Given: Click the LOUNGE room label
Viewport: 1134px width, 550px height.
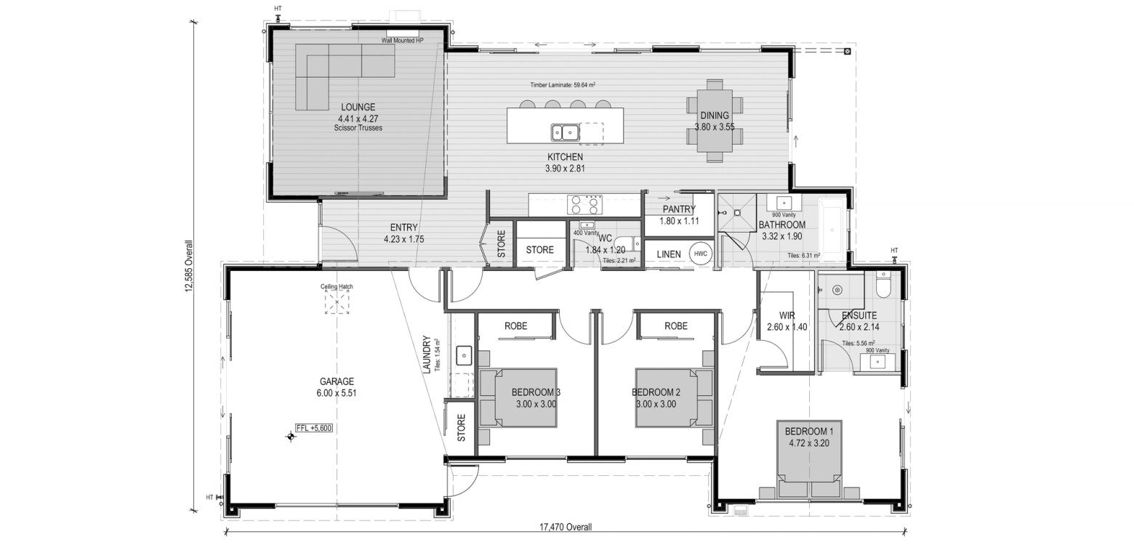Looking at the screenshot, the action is (x=358, y=108).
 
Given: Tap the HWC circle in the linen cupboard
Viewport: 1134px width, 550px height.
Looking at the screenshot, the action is (x=700, y=254).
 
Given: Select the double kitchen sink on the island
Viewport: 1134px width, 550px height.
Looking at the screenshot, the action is (x=565, y=132).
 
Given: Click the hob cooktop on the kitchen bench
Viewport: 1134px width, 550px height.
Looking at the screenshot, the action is (x=584, y=204).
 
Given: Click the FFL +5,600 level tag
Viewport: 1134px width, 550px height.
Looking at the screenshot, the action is (x=314, y=428).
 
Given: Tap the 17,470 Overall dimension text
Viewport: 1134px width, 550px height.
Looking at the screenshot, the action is (x=565, y=527).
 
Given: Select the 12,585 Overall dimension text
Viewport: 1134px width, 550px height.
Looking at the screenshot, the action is (x=189, y=266).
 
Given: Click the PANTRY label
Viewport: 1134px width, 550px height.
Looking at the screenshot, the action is (x=679, y=209).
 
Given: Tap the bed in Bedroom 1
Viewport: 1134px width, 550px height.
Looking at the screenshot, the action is (x=810, y=459).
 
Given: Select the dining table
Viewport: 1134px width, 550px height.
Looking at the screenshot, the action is (x=715, y=121).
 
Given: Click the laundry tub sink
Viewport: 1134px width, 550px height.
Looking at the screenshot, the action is (x=463, y=356).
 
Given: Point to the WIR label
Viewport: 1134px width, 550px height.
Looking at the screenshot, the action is (x=787, y=315).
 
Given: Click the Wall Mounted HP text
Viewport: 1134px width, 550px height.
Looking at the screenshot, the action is (x=403, y=41).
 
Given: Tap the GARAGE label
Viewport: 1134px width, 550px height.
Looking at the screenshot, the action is (x=337, y=381).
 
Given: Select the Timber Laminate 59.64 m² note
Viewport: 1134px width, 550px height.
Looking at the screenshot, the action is (x=563, y=85).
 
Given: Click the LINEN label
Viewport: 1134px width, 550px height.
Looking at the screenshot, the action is (x=669, y=254).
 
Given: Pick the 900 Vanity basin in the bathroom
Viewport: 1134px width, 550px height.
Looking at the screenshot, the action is (x=784, y=203).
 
